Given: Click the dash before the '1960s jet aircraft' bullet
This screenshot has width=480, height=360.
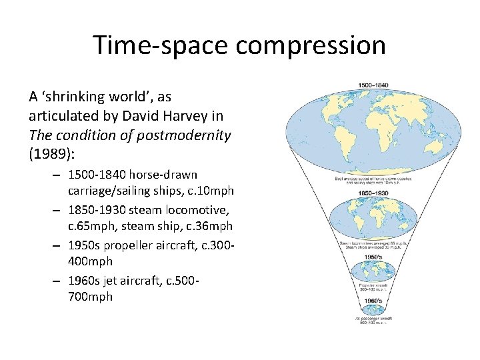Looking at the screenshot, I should point(59,279).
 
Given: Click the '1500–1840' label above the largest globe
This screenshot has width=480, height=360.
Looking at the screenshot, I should point(373,86).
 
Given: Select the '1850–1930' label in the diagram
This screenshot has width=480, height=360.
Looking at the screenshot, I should point(373,193).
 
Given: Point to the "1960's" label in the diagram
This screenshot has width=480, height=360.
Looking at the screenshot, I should point(373,301).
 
